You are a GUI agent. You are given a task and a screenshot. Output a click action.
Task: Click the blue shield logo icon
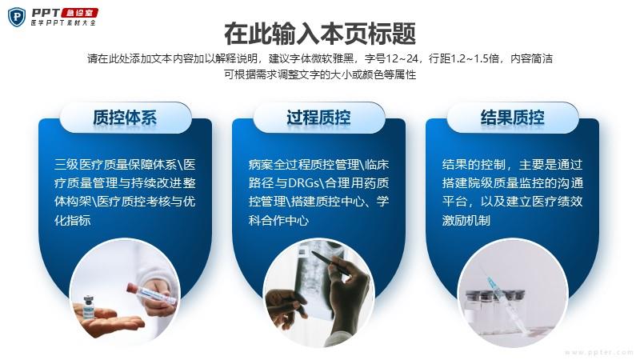[x=17, y=17]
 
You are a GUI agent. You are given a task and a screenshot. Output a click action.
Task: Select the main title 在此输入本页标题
[x=320, y=34]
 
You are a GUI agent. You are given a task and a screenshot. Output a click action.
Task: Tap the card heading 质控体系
[x=125, y=118]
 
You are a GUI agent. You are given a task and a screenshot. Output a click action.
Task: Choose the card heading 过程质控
[x=318, y=118]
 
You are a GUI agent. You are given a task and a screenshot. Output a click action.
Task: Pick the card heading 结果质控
[x=512, y=118]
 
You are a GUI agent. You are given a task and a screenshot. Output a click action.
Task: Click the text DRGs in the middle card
[x=304, y=183]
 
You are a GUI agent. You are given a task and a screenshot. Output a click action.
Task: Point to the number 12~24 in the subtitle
[x=402, y=58]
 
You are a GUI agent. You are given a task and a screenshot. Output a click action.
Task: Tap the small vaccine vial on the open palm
[x=89, y=307]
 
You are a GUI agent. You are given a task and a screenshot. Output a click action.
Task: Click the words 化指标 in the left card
[x=72, y=221]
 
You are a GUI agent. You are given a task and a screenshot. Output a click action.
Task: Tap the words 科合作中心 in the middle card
[x=278, y=221]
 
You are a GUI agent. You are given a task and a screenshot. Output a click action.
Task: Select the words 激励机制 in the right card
[x=466, y=221]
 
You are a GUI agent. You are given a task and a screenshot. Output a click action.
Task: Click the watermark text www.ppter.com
[x=598, y=352]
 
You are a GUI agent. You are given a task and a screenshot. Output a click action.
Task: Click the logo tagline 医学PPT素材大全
[x=63, y=23]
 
